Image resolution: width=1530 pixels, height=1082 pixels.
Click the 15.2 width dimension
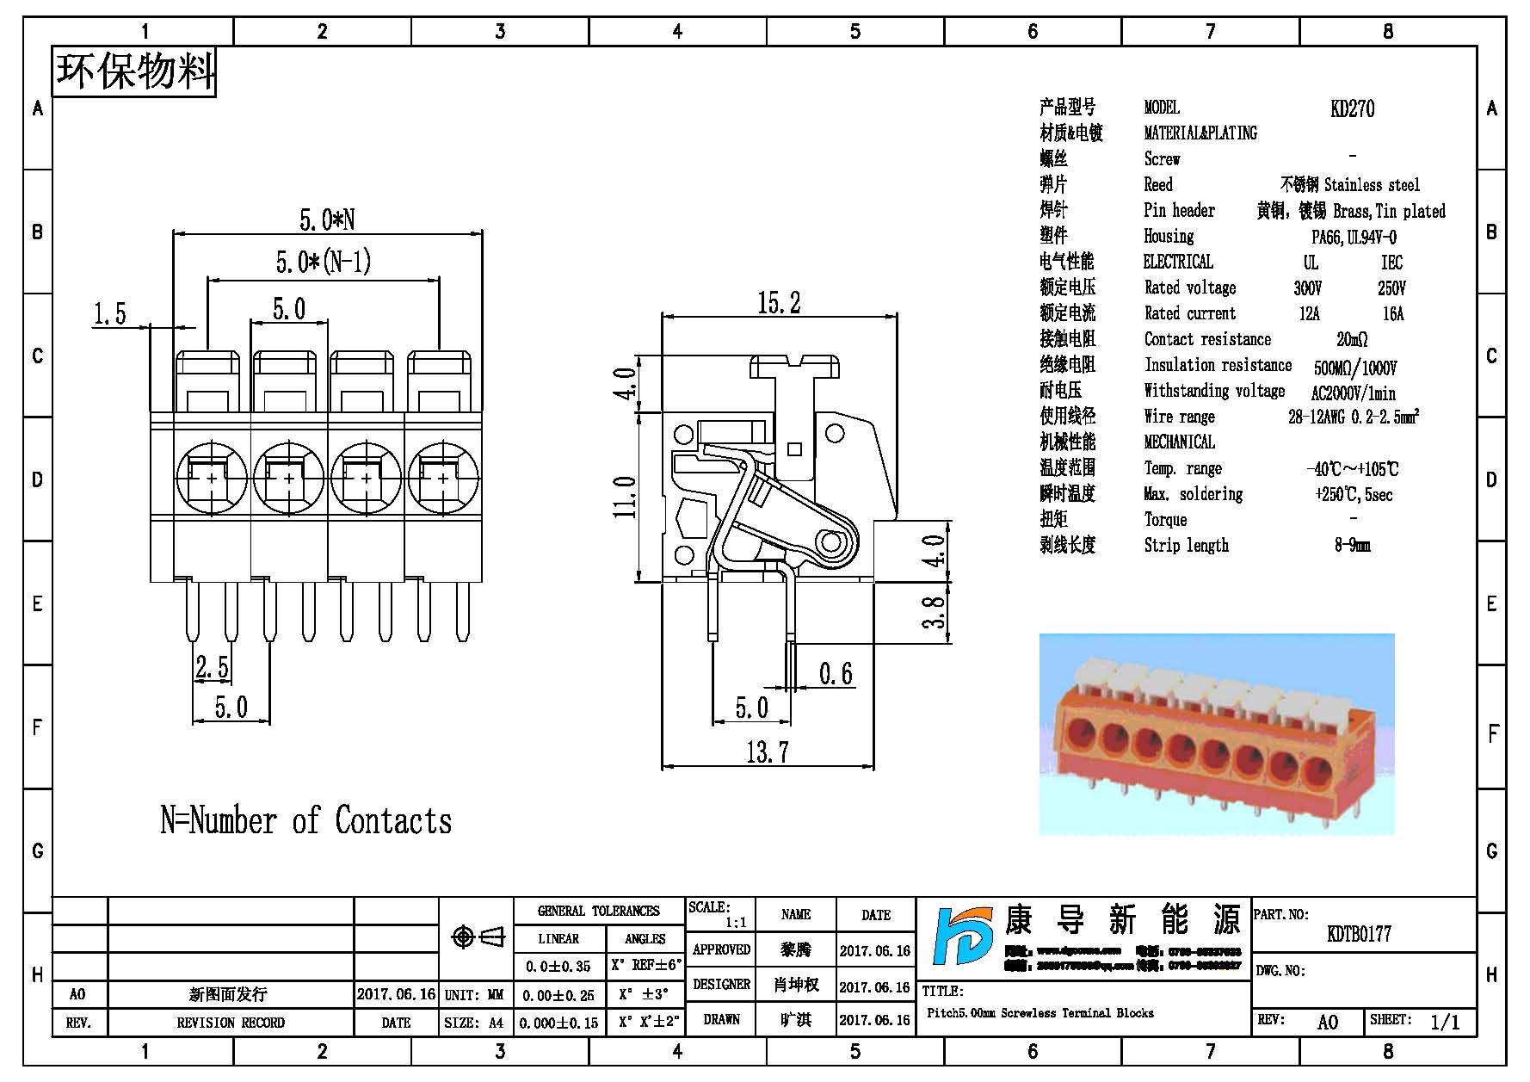779,302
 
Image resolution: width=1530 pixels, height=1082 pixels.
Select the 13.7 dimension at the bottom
767,751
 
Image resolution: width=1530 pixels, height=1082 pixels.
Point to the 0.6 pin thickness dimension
836,673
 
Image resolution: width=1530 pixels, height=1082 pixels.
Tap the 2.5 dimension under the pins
212,667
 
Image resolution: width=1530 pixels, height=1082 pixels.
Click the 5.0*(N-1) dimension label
324,261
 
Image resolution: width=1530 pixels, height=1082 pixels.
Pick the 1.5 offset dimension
109,313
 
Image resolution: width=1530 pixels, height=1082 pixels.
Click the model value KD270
1352,108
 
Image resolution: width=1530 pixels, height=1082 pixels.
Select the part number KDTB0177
1359,934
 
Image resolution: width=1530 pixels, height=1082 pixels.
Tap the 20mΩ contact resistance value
1352,339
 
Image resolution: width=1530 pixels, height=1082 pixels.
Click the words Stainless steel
1372,185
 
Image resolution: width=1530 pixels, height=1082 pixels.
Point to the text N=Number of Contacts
305,820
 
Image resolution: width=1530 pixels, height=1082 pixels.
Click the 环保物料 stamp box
134,71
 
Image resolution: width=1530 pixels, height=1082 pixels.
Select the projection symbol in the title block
478,937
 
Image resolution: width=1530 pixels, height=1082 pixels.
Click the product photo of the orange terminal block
1216,734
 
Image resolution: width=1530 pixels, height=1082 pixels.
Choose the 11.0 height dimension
625,497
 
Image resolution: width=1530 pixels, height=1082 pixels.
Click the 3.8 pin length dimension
934,612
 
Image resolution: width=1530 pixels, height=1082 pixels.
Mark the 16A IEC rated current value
1392,314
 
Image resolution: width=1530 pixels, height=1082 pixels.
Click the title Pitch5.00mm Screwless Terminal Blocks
1040,1013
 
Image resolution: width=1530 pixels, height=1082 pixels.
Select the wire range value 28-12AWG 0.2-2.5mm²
1353,417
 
